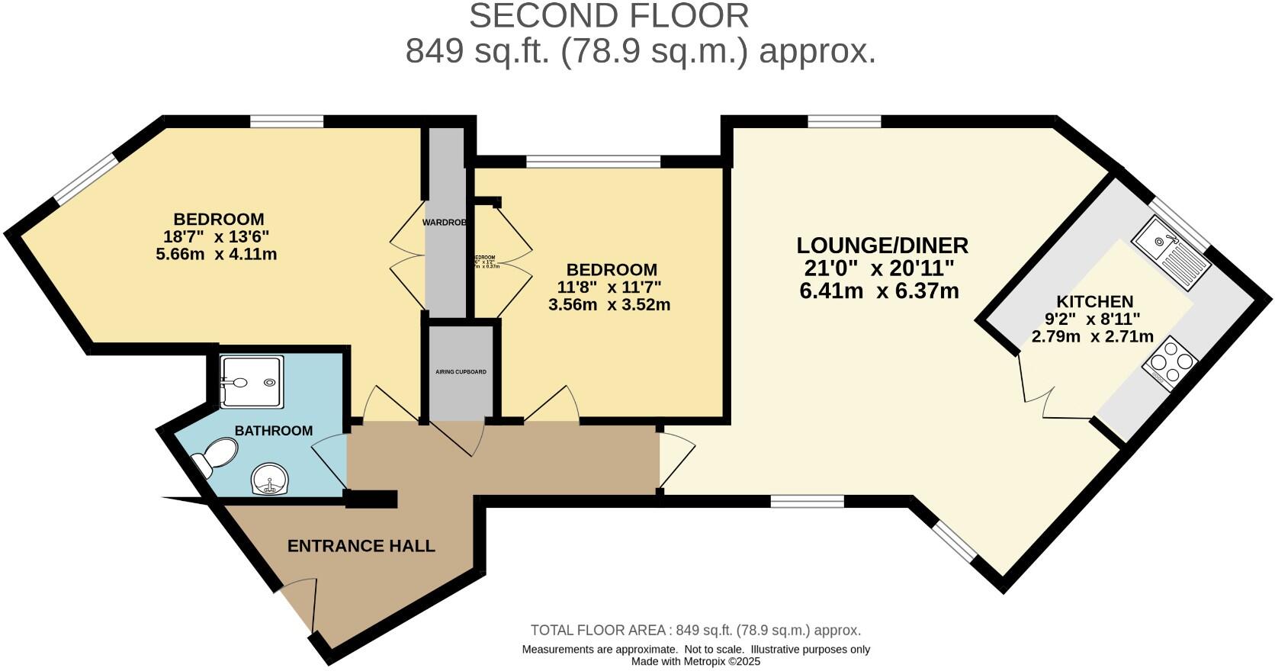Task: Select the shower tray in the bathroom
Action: coord(252,380)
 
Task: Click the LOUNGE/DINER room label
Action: coord(882,246)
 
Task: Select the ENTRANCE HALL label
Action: coord(361,546)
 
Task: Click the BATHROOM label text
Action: coord(273,431)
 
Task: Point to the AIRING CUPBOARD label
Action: coord(461,372)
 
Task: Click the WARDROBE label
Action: coord(445,223)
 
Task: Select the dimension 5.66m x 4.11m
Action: coord(216,255)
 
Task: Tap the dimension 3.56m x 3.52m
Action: coord(609,305)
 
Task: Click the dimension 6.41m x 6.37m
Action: coord(878,291)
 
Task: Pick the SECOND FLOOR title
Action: coord(609,16)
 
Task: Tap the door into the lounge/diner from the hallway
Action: coord(675,461)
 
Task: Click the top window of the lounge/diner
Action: coord(844,120)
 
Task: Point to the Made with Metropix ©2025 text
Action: coord(695,661)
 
